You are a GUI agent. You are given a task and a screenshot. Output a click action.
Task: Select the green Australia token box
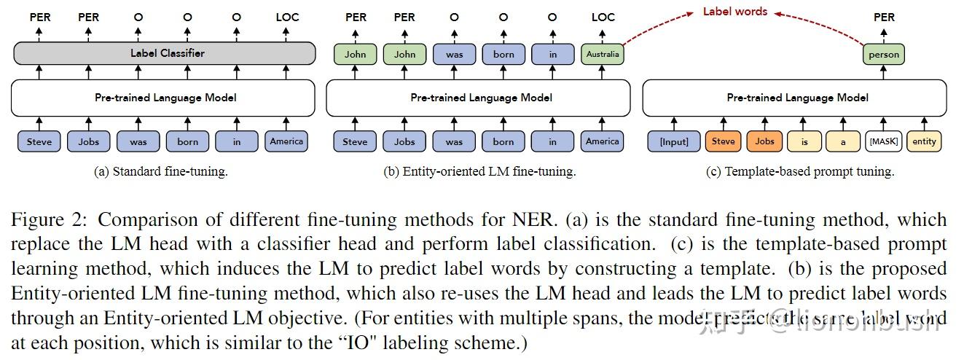tap(602, 53)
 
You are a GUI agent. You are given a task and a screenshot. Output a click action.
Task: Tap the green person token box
tap(884, 54)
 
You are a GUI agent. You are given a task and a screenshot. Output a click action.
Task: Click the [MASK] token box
tap(883, 141)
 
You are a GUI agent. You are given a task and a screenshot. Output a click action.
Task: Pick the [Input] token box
tap(673, 141)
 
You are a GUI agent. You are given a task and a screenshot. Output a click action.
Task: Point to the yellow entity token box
tap(924, 141)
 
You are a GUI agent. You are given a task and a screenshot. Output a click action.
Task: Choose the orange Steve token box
tap(723, 141)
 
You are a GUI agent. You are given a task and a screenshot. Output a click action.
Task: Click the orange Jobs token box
tap(764, 141)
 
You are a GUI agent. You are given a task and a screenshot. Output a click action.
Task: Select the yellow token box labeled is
tap(804, 141)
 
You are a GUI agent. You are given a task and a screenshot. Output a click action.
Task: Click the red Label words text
tap(734, 12)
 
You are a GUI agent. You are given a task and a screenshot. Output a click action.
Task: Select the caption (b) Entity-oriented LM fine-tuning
tap(479, 172)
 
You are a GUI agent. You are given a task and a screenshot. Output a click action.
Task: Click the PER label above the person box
tap(884, 17)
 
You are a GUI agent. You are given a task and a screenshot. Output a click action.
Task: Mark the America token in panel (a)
tap(286, 141)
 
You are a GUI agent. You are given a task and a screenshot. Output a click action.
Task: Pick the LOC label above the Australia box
tap(603, 17)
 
